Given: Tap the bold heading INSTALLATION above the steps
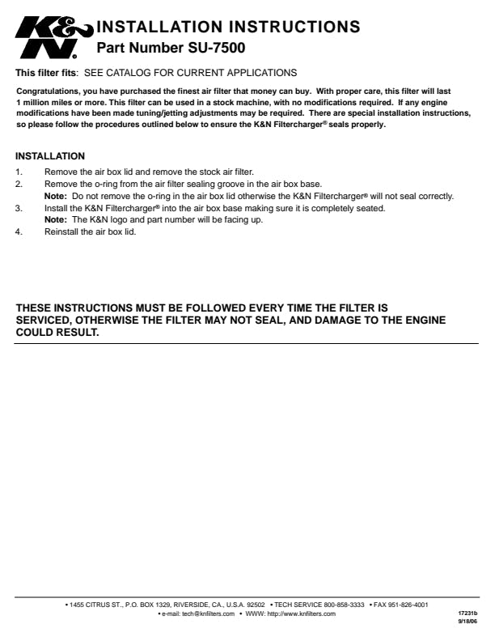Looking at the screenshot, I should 50,156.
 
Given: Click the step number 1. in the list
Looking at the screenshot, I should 19,172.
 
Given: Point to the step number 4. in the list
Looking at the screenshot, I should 19,232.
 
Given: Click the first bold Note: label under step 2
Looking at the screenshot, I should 56,197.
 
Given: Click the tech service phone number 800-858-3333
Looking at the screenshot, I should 343,605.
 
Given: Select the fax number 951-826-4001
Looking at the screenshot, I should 407,605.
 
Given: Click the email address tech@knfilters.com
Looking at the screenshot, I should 208,614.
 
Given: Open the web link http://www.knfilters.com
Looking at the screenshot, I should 301,614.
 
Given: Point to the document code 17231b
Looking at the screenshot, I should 468,614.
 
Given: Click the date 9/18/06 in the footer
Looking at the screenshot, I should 468,622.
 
